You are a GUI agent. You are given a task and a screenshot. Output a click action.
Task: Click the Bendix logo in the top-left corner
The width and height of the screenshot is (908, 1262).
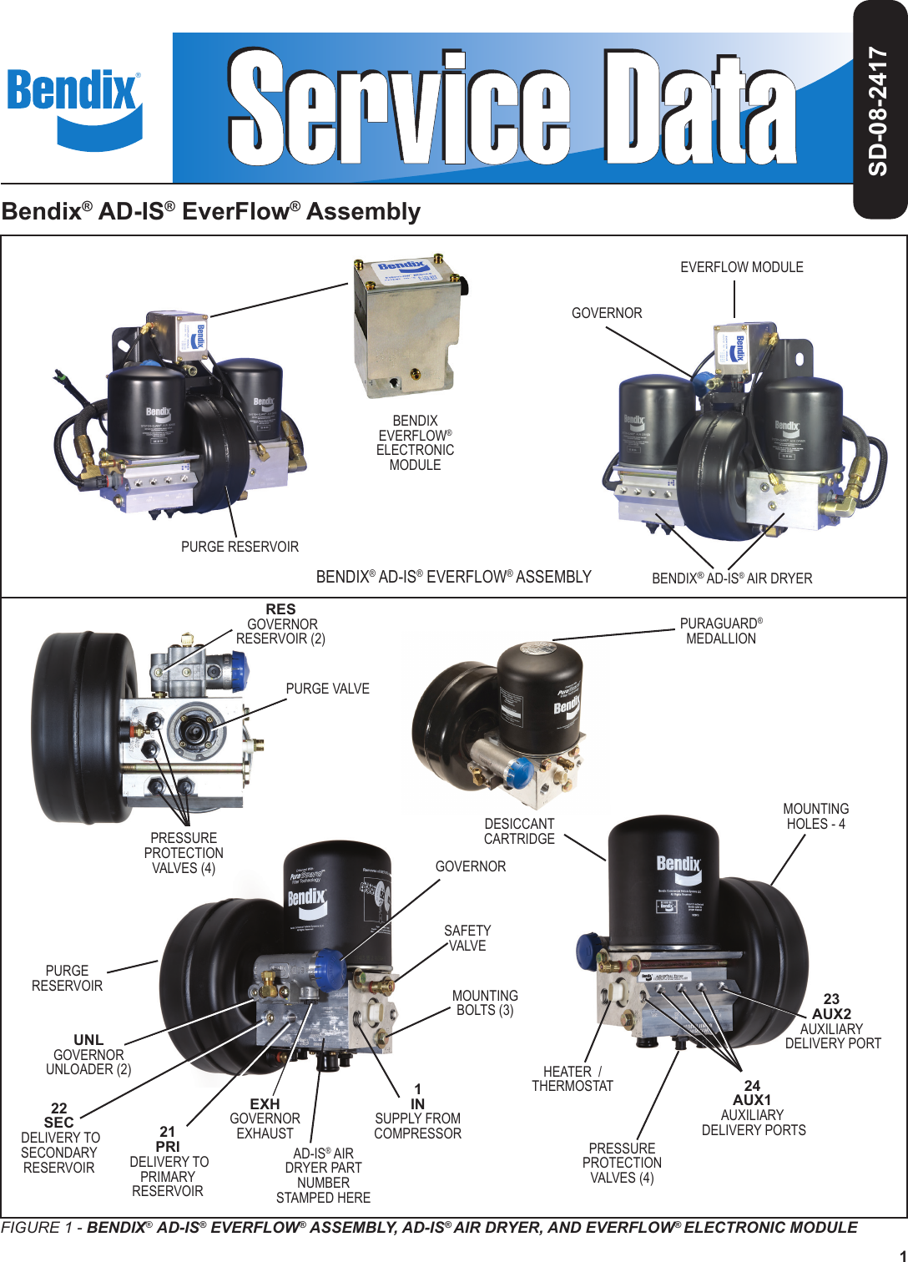pyautogui.click(x=74, y=108)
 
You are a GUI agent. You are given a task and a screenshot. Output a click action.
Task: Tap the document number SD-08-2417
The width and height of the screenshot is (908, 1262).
pyautogui.click(x=878, y=110)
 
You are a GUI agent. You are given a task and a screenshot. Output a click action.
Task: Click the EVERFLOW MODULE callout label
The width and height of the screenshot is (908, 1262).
pyautogui.click(x=741, y=267)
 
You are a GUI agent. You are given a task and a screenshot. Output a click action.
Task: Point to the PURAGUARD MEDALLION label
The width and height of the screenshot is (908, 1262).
pyautogui.click(x=721, y=631)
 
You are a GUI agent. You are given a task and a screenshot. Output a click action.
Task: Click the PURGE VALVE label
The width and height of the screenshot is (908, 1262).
pyautogui.click(x=327, y=689)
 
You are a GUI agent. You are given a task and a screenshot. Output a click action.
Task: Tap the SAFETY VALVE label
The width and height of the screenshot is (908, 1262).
pyautogui.click(x=467, y=938)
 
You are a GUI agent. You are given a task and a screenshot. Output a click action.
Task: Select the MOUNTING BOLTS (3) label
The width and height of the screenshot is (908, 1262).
pyautogui.click(x=485, y=1002)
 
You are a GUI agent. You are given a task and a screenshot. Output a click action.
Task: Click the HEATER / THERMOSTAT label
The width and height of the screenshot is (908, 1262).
pyautogui.click(x=573, y=1078)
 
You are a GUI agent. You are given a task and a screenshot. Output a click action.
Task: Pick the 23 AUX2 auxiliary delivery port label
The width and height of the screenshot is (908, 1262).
pyautogui.click(x=832, y=1021)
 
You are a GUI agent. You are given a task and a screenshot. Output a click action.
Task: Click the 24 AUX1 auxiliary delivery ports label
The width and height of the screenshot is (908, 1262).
pyautogui.click(x=753, y=1108)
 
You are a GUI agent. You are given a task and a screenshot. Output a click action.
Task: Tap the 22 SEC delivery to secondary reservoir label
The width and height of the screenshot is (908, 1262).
pyautogui.click(x=59, y=1138)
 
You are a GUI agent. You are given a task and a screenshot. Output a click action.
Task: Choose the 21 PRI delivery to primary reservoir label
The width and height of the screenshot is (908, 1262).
pyautogui.click(x=169, y=1161)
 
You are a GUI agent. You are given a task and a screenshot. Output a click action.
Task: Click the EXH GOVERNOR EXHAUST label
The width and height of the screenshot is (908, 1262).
pyautogui.click(x=265, y=1118)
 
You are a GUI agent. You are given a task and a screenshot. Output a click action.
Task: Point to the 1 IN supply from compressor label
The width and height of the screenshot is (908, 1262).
pyautogui.click(x=417, y=1111)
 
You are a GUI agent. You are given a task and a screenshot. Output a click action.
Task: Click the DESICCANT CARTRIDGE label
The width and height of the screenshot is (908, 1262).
pyautogui.click(x=519, y=831)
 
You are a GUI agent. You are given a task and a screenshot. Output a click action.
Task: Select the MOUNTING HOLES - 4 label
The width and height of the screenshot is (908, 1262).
pyautogui.click(x=815, y=816)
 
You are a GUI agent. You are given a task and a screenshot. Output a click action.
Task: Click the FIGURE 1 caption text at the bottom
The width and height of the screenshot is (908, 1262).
pyautogui.click(x=429, y=1227)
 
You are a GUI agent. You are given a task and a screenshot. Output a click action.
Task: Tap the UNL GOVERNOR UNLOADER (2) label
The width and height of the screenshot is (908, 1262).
pyautogui.click(x=88, y=1054)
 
